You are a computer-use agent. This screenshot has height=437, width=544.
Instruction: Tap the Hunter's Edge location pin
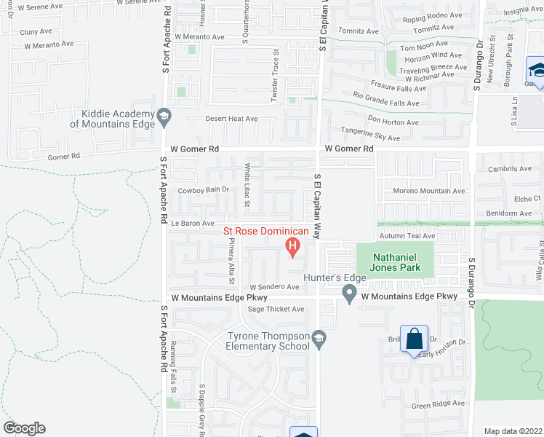(349, 294)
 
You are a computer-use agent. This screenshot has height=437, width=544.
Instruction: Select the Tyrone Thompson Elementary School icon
(319, 338)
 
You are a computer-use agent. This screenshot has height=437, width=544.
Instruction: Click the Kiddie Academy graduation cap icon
(164, 115)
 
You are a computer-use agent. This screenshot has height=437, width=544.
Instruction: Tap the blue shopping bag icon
(414, 339)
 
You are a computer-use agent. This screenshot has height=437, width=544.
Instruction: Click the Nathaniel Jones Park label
(397, 262)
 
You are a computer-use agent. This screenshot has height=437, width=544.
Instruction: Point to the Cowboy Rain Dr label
(204, 190)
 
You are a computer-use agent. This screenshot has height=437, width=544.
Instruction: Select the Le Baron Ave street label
(192, 224)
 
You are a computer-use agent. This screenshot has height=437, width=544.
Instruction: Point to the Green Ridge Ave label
(438, 403)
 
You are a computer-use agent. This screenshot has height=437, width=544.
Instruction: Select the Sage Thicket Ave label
(276, 310)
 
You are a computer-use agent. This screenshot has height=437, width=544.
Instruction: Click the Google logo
(24, 428)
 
